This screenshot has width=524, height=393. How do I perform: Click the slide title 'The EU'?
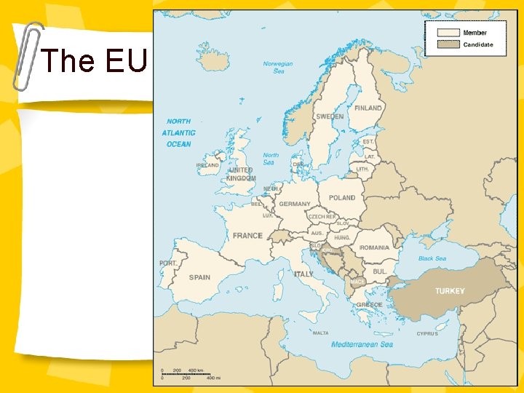(x=95, y=61)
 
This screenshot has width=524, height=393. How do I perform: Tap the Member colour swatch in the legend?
(x=448, y=33)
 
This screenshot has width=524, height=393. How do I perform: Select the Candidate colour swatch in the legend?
(x=448, y=44)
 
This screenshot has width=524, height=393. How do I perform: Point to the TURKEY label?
(x=450, y=291)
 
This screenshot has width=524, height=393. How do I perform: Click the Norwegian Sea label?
(x=278, y=67)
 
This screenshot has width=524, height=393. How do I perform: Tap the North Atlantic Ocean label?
(x=179, y=133)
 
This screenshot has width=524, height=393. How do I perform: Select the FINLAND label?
(x=368, y=108)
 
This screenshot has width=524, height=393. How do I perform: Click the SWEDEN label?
(x=330, y=117)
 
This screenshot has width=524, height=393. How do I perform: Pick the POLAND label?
(x=342, y=198)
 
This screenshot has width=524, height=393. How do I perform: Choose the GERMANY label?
(x=295, y=205)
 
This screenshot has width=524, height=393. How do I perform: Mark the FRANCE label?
(x=247, y=236)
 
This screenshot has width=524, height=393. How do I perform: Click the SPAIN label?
(x=199, y=277)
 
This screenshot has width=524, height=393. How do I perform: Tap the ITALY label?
(x=303, y=274)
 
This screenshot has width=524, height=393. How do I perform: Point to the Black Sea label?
(x=432, y=258)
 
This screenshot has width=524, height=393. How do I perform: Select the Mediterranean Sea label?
(x=362, y=344)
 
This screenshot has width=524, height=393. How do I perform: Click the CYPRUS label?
(x=427, y=334)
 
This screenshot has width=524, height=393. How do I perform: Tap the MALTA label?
(x=320, y=333)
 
